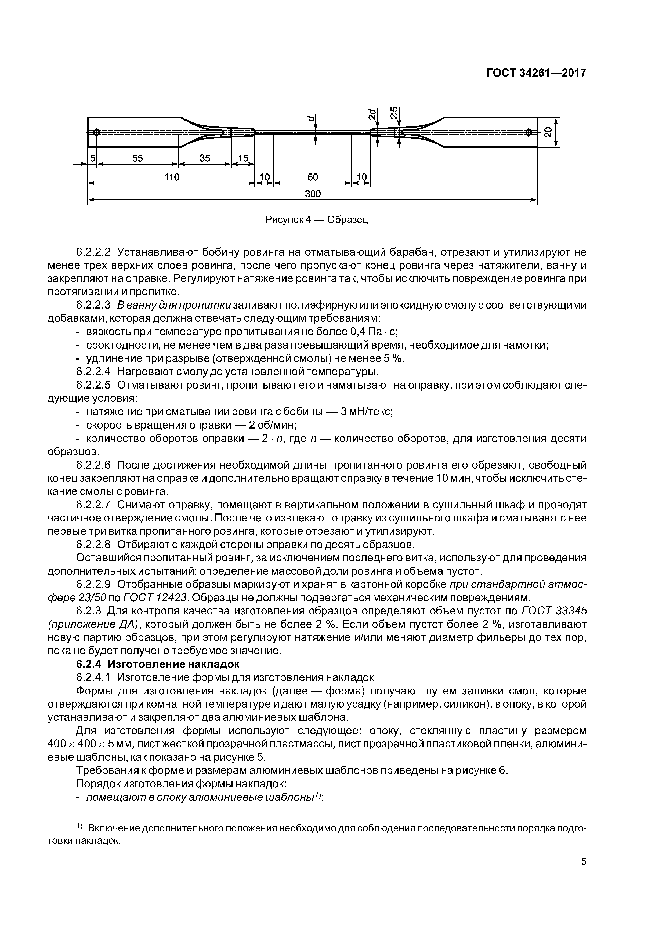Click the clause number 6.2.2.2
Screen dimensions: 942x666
[93, 252]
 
